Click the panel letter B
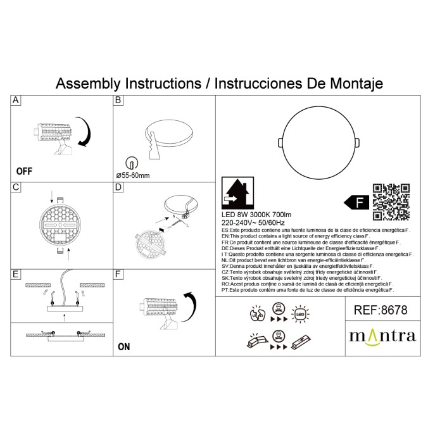click(x=118, y=101)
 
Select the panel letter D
click(x=118, y=187)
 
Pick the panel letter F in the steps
click(x=118, y=274)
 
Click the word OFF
click(x=24, y=171)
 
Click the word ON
click(x=124, y=346)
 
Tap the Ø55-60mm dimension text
click(x=135, y=174)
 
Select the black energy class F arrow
click(x=356, y=203)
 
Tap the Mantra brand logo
click(x=382, y=335)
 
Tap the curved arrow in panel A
click(x=85, y=131)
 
